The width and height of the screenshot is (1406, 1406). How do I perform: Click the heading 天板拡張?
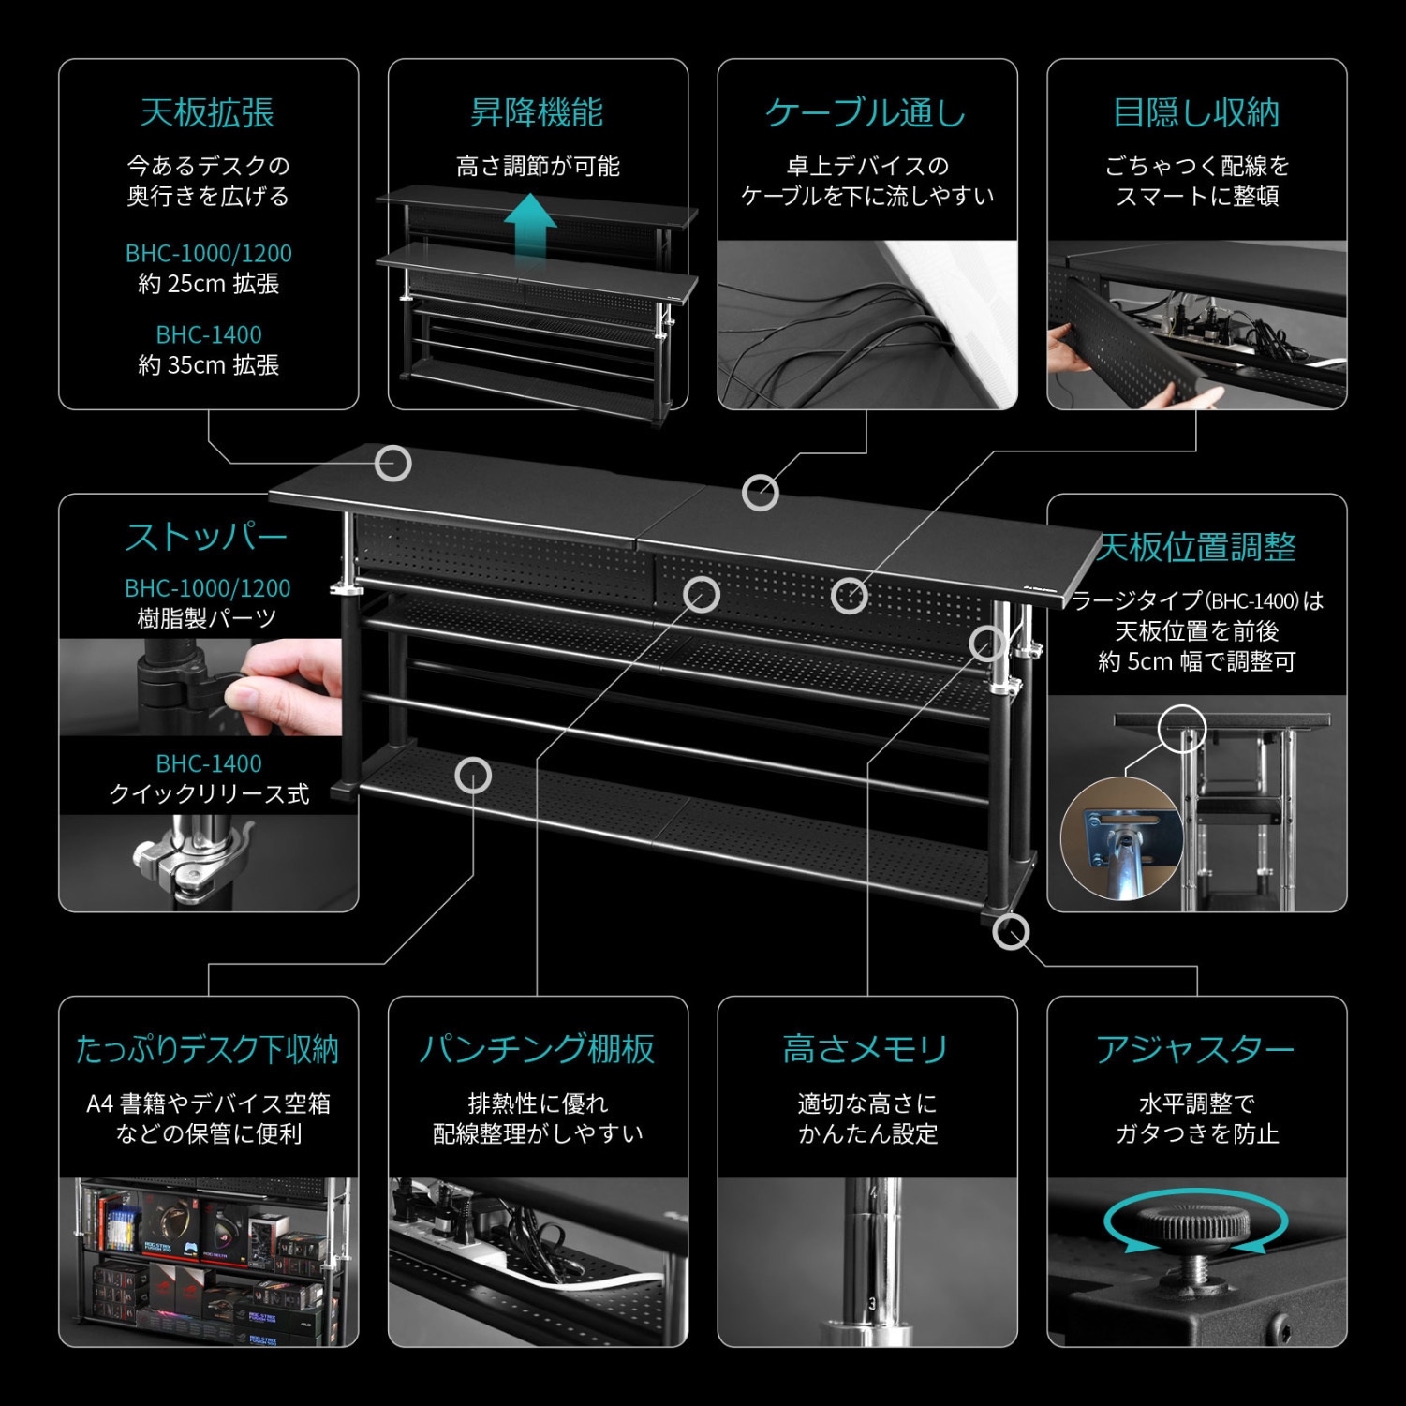click(207, 113)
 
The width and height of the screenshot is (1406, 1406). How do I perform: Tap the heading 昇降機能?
click(537, 113)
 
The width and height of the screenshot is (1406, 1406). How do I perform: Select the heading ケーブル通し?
click(866, 113)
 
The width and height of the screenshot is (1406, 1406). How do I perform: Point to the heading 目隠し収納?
click(1196, 113)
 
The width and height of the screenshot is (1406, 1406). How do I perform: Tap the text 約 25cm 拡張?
click(208, 284)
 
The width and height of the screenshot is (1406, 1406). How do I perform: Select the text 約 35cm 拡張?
click(208, 365)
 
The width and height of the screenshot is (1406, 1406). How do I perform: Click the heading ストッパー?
click(207, 538)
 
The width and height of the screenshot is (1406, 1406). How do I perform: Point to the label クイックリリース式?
click(208, 794)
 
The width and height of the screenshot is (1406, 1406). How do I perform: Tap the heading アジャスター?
click(1196, 1050)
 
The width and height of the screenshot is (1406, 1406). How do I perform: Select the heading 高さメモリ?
click(866, 1050)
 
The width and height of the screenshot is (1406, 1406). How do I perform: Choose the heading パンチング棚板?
click(537, 1050)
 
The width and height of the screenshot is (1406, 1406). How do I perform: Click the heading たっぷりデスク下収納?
click(207, 1050)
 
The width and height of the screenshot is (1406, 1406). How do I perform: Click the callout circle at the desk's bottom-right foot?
click(1011, 931)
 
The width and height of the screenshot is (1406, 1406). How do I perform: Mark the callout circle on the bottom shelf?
click(473, 776)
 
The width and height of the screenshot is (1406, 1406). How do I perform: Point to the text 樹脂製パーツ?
click(208, 619)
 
